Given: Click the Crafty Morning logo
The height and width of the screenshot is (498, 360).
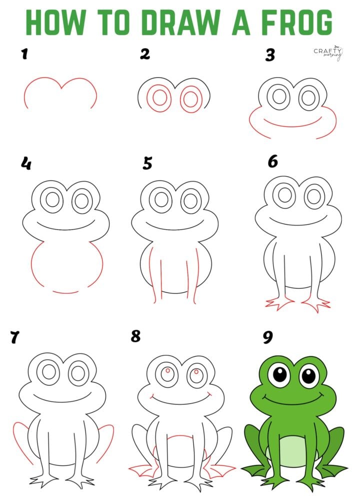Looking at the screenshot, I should (x=328, y=52).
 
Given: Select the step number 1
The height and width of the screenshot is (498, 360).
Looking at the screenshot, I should (x=23, y=54).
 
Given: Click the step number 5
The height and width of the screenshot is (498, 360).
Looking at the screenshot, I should (x=147, y=163).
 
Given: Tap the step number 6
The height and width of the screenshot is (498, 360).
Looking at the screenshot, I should (x=272, y=162).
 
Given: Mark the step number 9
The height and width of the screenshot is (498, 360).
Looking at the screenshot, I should (x=268, y=337).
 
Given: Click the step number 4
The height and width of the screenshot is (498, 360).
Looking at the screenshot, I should (x=25, y=163).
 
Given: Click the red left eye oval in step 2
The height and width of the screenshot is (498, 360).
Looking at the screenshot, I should (x=159, y=97).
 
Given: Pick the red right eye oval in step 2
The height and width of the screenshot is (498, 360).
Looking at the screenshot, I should (x=190, y=99).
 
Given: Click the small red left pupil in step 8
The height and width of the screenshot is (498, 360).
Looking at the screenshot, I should (x=168, y=370).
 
